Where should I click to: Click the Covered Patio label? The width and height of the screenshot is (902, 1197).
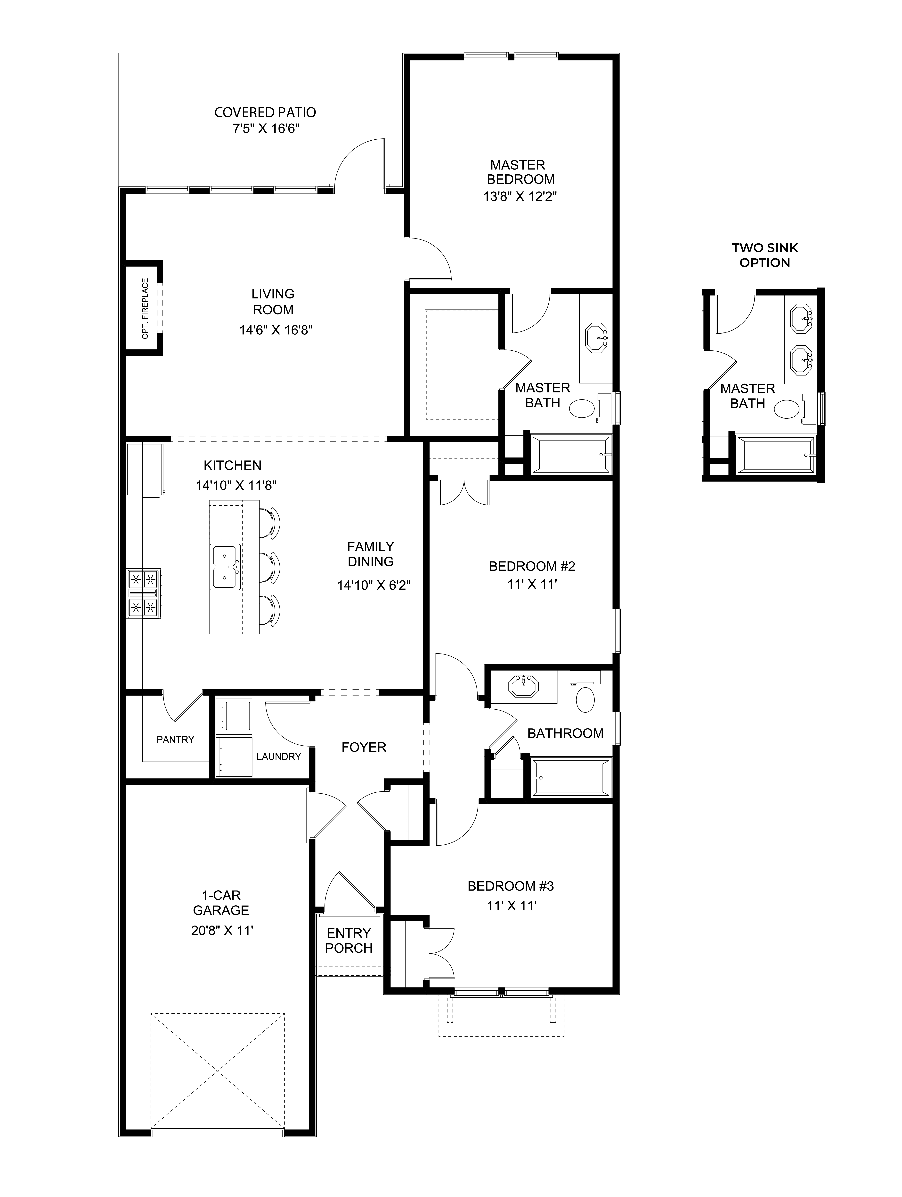(x=265, y=113)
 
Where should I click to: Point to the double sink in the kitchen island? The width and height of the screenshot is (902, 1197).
(x=225, y=567)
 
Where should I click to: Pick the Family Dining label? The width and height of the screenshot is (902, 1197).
(x=370, y=554)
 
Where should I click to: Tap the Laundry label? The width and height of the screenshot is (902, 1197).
(x=278, y=756)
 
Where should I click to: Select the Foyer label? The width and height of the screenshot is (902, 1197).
(x=363, y=747)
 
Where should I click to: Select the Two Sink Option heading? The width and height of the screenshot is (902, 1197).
(x=765, y=255)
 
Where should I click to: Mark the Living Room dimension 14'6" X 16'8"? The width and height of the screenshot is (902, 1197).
(x=276, y=330)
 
